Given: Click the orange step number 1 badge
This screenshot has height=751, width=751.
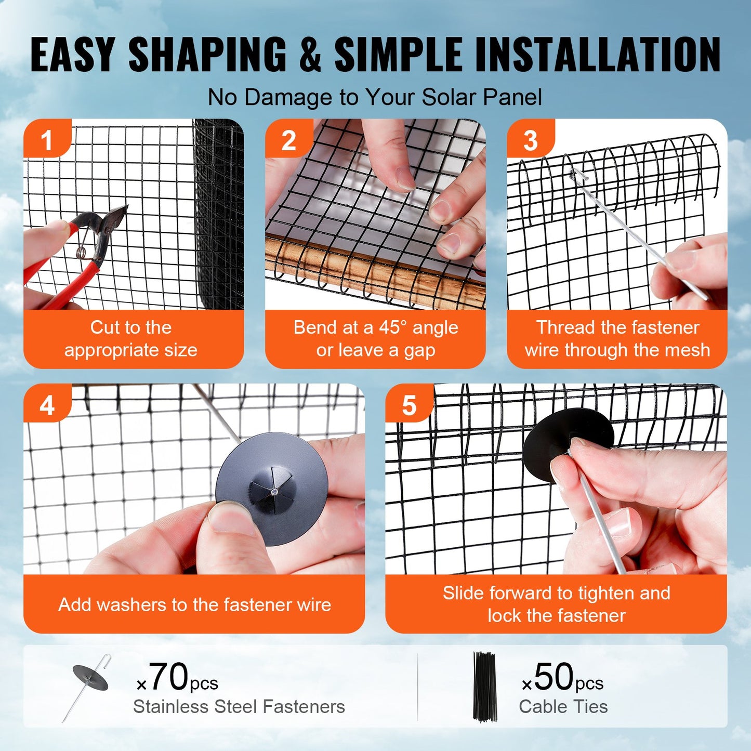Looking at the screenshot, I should pyautogui.click(x=47, y=139).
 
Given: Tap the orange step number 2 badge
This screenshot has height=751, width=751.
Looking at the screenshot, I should pyautogui.click(x=288, y=139).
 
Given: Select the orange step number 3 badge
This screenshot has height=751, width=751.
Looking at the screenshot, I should pyautogui.click(x=530, y=139).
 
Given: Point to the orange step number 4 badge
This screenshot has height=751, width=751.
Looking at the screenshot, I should pyautogui.click(x=47, y=404).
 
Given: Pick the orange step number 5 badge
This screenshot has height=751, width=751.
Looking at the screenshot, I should pyautogui.click(x=409, y=404).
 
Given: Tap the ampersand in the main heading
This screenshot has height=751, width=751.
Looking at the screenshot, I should pyautogui.click(x=310, y=55).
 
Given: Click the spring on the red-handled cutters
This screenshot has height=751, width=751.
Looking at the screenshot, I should pyautogui.click(x=82, y=252).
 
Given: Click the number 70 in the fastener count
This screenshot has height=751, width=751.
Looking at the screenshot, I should pyautogui.click(x=169, y=677).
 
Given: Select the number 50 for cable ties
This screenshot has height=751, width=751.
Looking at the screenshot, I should pyautogui.click(x=554, y=677).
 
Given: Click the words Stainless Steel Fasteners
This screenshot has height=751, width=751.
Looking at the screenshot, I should pyautogui.click(x=239, y=707).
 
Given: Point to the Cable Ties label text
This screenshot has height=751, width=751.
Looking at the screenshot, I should pyautogui.click(x=563, y=707).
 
